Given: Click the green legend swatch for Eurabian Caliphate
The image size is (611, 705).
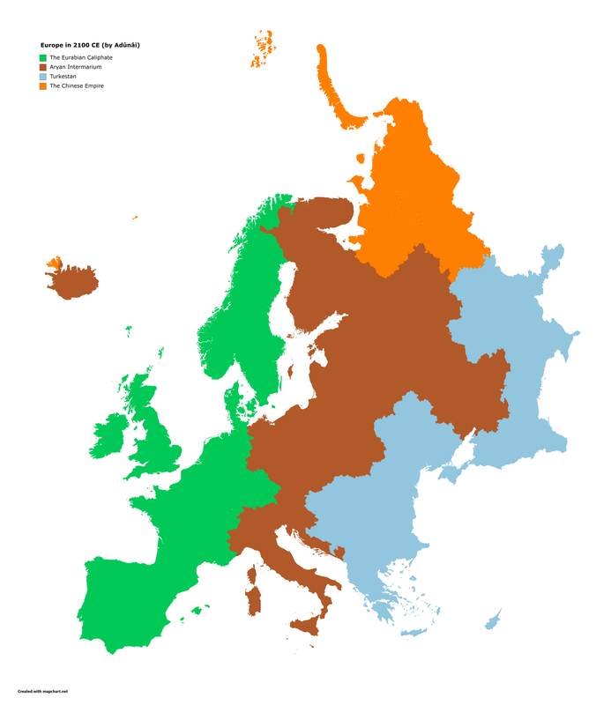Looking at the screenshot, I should pos(42,57).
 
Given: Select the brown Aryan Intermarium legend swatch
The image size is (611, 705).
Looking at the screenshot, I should pos(42,67).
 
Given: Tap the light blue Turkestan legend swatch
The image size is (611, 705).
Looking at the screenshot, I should pos(42,77).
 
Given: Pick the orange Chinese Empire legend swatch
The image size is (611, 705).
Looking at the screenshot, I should pos(42,86).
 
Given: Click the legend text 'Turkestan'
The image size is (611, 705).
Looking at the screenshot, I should pos(63,77).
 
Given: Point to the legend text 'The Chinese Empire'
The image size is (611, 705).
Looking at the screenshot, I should pos(76,86).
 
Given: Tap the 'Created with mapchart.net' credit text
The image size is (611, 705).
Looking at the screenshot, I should pos(42,692).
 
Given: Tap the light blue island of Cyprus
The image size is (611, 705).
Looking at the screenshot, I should pos(492,619).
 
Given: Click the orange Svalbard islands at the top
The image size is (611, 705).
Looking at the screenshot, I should pos(262,48).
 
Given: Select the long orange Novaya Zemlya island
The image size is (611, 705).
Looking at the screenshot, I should pos(331,88).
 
